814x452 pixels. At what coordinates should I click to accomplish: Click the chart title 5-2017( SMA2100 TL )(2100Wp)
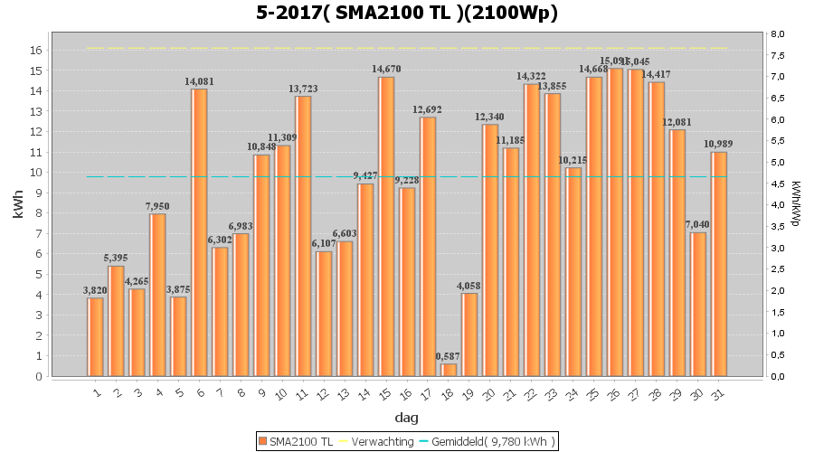pos(406,13)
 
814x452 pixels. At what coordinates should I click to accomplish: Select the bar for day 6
pos(199,232)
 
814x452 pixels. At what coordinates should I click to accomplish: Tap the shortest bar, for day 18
pos(449,370)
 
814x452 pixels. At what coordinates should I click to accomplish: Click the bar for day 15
pos(386,226)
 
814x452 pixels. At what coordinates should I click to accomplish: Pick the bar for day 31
pos(719,264)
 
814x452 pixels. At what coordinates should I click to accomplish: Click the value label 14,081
pos(199,81)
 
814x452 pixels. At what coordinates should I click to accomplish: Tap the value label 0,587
pos(449,356)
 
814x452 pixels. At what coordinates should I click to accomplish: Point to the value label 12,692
pos(428,109)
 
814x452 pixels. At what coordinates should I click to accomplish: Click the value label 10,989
pos(719,145)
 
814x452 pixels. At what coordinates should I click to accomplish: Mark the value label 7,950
pos(157,206)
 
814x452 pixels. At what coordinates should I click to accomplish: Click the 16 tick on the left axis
pos(38,51)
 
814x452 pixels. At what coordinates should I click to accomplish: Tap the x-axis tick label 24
pos(572,394)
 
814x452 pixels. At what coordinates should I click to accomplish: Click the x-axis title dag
pos(406,419)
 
